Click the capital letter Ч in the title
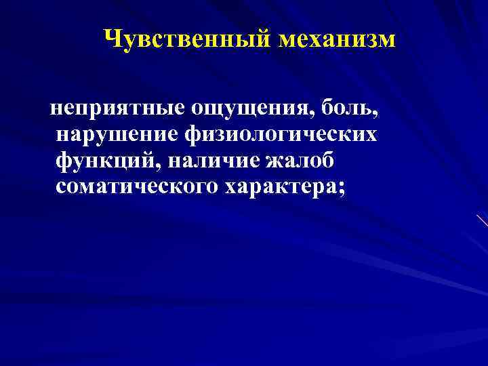[x=113, y=39]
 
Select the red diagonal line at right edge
[x=482, y=221]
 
